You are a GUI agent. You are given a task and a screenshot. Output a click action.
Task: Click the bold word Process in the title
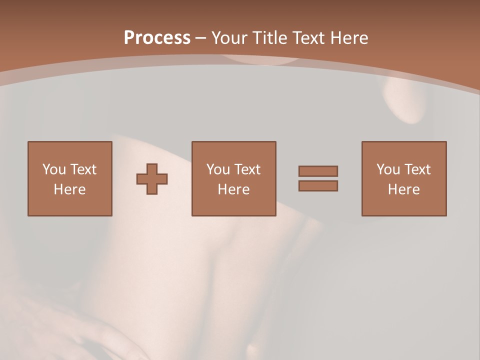click(157, 38)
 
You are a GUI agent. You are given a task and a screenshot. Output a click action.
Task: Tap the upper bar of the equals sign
click(318, 171)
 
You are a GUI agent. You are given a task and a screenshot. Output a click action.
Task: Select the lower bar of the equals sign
click(318, 186)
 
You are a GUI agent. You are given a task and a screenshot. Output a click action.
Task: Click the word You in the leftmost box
click(54, 169)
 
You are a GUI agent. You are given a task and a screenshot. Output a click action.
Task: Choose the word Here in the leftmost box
click(69, 189)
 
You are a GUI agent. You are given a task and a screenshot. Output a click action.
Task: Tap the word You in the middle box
click(218, 169)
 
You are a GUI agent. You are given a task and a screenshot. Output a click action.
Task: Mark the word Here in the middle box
click(233, 189)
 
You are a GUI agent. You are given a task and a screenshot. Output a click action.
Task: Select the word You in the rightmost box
click(388, 169)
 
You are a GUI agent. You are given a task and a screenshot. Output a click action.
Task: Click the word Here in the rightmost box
click(403, 189)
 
